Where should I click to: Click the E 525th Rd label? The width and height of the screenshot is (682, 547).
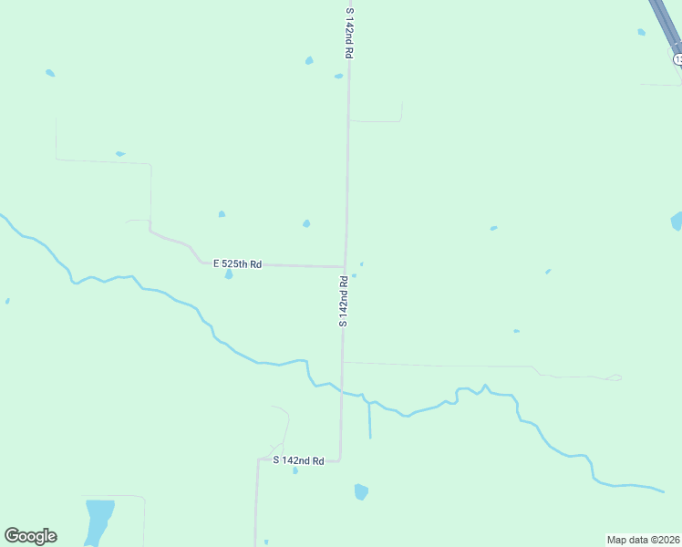click(x=237, y=264)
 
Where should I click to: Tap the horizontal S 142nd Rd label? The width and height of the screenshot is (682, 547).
click(x=299, y=461)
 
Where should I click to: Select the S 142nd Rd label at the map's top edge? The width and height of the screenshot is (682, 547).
click(x=348, y=34)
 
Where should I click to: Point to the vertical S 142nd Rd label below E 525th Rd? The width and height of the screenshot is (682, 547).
click(x=344, y=301)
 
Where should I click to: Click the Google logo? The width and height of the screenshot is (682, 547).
click(x=30, y=536)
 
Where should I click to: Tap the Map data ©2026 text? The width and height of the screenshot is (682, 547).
click(x=643, y=540)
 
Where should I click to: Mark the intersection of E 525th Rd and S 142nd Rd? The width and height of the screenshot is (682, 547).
click(x=345, y=267)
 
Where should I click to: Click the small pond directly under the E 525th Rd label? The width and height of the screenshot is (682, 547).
click(x=228, y=273)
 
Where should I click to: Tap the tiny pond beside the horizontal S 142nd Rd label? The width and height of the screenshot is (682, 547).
click(x=295, y=470)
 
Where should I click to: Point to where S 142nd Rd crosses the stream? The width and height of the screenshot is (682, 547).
click(x=342, y=391)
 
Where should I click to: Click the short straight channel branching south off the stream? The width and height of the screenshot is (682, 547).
click(x=369, y=419)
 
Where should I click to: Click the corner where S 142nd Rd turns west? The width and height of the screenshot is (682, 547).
click(x=340, y=460)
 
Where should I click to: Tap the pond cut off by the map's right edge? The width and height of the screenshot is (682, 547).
click(x=677, y=222)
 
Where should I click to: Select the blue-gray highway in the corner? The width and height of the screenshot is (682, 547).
click(x=663, y=23)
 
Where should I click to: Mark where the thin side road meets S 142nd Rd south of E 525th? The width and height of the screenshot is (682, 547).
click(x=343, y=363)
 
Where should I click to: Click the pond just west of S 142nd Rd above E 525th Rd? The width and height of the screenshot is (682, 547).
click(x=306, y=223)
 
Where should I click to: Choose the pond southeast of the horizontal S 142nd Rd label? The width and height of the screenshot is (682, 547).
click(x=361, y=492)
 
